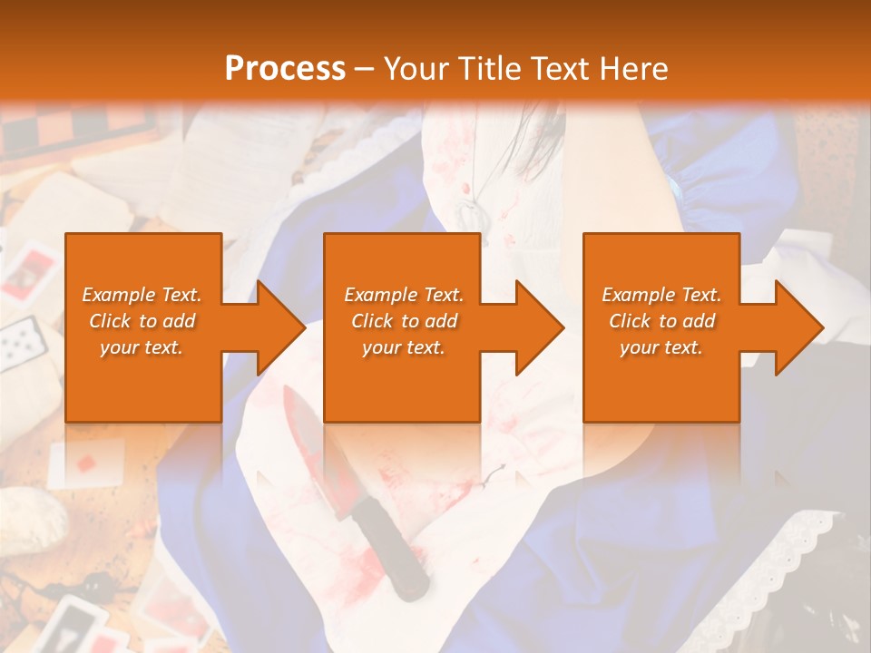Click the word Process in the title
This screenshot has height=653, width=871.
285,68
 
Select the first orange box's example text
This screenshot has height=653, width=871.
142,321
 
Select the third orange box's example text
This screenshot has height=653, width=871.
661,321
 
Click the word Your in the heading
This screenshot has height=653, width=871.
416,68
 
